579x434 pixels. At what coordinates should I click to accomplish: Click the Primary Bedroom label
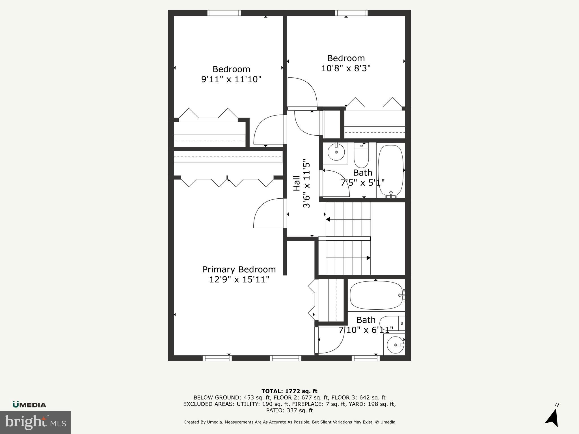coord(239,269)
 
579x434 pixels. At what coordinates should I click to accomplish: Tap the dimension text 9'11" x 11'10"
coord(231,79)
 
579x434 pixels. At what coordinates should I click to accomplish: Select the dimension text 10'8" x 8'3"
coord(346,68)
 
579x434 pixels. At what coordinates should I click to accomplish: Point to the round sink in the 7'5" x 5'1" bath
coord(336,152)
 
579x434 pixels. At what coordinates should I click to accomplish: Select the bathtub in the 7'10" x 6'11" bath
coord(376,295)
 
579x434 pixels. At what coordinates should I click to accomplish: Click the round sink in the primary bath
coord(395,345)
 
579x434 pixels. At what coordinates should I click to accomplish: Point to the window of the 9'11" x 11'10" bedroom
coord(224,13)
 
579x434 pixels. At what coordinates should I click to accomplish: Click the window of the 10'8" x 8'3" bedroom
coord(351,13)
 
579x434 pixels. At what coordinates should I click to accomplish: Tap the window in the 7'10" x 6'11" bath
coord(366,358)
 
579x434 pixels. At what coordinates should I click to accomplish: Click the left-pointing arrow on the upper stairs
coord(328,219)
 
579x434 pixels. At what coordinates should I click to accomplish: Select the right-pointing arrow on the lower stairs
coord(368,258)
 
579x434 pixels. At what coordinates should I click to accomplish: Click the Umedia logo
coord(29,405)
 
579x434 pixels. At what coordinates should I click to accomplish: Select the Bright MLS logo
coord(35,422)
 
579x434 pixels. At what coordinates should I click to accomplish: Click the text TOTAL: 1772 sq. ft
coord(289,391)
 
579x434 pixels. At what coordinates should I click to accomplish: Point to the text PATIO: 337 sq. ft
coord(289,410)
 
